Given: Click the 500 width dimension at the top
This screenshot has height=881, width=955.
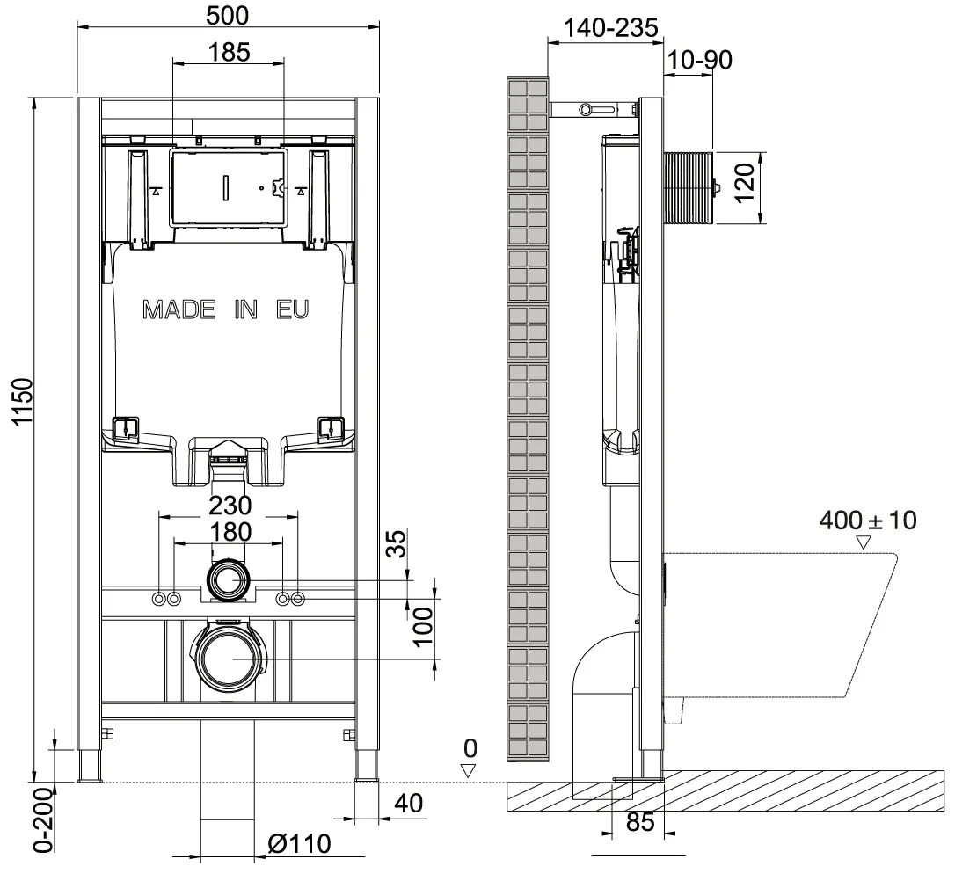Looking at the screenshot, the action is point(227,15).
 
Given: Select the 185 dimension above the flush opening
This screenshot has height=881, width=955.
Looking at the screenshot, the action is point(229,53).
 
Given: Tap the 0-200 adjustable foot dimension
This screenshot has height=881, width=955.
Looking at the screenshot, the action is point(43,819).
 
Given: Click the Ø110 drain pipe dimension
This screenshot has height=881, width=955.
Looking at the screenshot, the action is point(299,844).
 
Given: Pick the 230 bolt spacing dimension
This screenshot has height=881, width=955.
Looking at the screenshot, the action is point(230,506).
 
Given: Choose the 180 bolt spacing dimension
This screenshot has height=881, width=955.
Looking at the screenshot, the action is point(230,532).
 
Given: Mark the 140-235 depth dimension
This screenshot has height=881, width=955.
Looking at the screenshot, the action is point(611,28).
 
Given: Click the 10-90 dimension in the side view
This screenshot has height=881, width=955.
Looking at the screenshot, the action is point(699,60).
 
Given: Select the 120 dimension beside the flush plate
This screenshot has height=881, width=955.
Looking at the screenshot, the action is point(744,182).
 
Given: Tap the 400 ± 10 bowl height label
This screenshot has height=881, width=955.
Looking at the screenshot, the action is point(867,521).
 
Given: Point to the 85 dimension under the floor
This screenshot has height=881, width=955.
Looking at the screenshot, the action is point(639,822).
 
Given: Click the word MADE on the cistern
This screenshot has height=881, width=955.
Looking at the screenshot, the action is point(179,309).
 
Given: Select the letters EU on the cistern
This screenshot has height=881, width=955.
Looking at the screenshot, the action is point(292,309).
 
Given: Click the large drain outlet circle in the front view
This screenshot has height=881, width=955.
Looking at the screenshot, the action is point(227,659).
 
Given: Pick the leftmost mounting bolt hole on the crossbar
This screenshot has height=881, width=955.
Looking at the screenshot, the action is point(159,599).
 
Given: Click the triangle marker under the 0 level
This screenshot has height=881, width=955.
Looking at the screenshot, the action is point(468,770).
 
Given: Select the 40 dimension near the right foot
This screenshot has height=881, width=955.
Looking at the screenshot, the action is point(408,804).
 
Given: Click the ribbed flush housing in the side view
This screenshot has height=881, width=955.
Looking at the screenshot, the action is point(689,187).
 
